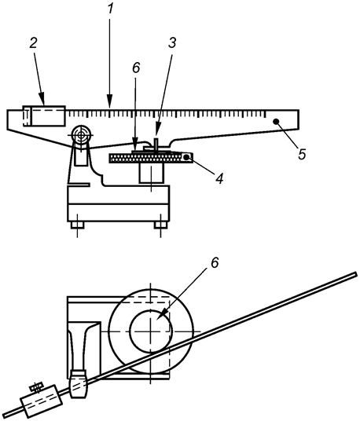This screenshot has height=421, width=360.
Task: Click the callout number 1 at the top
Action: (111, 9)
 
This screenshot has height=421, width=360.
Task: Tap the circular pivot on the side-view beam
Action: (79, 136)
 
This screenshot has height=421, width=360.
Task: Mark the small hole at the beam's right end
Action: (276, 122)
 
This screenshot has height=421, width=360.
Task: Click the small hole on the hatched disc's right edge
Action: (187, 158)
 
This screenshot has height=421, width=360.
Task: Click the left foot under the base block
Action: (76, 226)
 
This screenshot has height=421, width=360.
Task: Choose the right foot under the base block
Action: (160, 226)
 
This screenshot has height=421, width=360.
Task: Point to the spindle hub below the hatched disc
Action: (149, 174)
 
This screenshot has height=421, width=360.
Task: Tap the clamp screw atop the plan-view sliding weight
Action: (36, 387)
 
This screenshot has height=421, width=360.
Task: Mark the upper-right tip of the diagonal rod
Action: (356, 274)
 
